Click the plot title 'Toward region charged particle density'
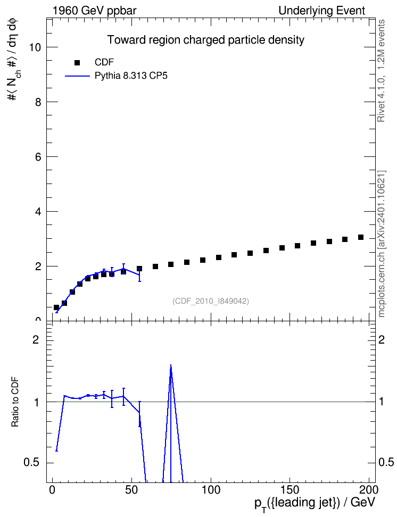pyautogui.click(x=205, y=40)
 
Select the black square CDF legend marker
pyautogui.click(x=77, y=63)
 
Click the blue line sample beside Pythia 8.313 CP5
pyautogui.click(x=77, y=76)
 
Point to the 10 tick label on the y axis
pyautogui.click(x=35, y=47)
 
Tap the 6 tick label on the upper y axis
pyautogui.click(x=38, y=156)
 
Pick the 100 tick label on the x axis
pyautogui.click(x=211, y=489)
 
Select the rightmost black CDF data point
pyautogui.click(x=361, y=237)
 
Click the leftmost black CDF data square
pyautogui.click(x=56, y=307)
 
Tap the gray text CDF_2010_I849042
pyautogui.click(x=211, y=301)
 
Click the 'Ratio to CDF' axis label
pyautogui.click(x=15, y=402)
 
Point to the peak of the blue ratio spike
pyautogui.click(x=171, y=365)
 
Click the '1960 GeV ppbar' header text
pyautogui.click(x=94, y=11)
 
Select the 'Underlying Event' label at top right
pyautogui.click(x=322, y=11)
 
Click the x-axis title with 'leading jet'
pyautogui.click(x=315, y=504)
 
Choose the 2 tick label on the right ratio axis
pyautogui.click(x=382, y=339)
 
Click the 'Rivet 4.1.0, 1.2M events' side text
pyautogui.click(x=381, y=71)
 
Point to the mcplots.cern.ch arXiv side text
pyautogui.click(x=382, y=244)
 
